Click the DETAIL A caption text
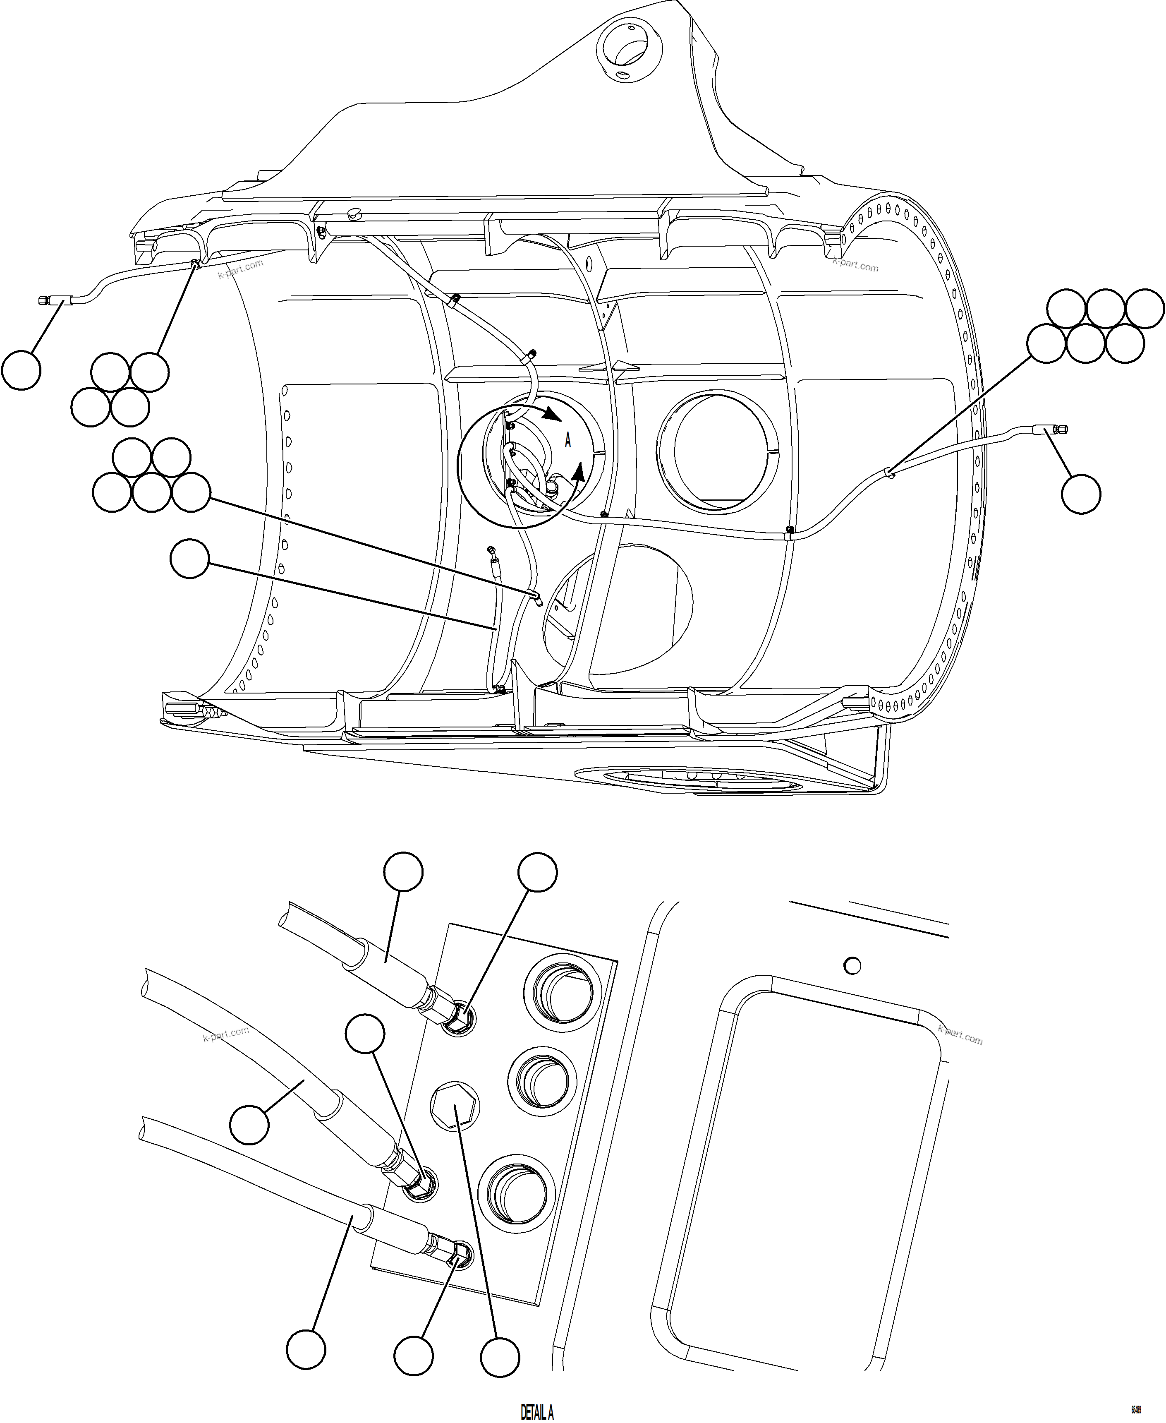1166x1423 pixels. tap(536, 1411)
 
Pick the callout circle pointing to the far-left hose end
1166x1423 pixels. tap(22, 370)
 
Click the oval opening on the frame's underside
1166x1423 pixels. tap(699, 779)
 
